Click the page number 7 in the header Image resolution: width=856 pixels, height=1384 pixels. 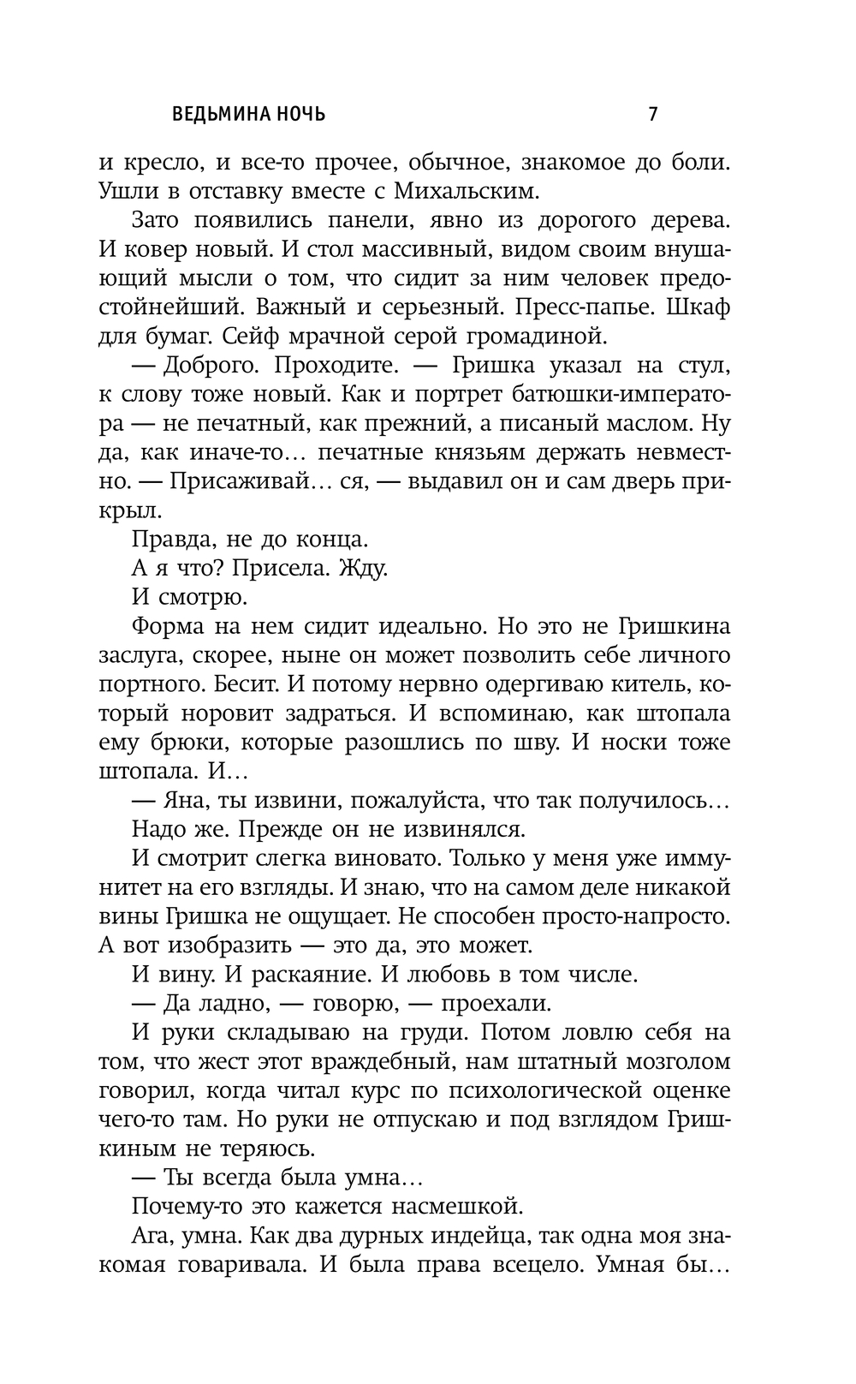[653, 114]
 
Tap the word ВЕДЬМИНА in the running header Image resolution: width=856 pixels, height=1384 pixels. [223, 114]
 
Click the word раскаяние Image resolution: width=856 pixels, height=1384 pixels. [301, 975]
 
